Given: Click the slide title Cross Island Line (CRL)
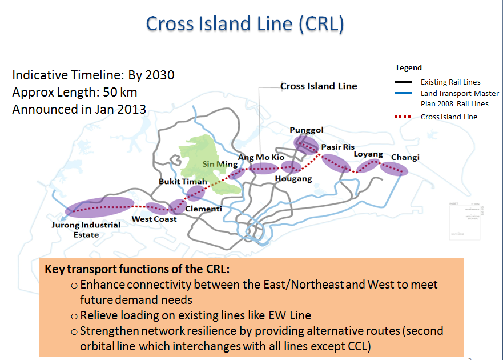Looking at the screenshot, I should point(245,23).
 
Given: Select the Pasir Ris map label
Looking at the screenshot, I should point(337,147).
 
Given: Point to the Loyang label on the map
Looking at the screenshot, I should point(368,154).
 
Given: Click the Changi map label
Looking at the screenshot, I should point(405,157).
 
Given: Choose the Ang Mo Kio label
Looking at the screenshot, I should point(261,157).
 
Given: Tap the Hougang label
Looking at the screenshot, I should point(293,179).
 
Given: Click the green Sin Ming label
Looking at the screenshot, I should point(220,165).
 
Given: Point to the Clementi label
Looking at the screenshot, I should point(203,209).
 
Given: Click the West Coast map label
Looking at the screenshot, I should point(154,219).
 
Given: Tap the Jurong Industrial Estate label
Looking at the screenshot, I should point(86,229).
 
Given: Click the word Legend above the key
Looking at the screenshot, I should point(409,67).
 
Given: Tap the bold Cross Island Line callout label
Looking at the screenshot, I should point(319,86).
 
